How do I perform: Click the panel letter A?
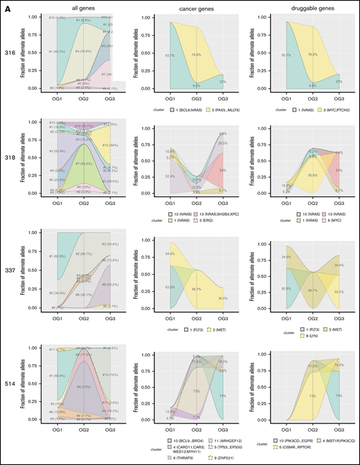6,5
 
